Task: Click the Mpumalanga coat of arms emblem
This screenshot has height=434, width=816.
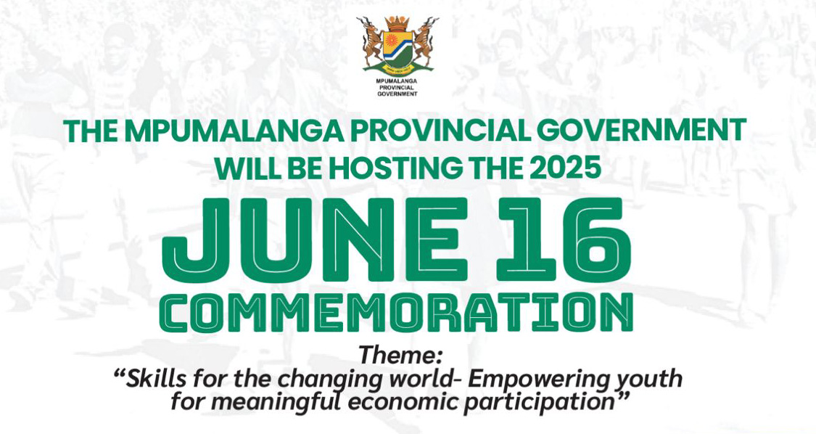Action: click(x=397, y=45)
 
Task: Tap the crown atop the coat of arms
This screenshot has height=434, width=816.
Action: click(x=397, y=23)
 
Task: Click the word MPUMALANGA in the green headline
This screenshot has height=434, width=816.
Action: click(x=234, y=132)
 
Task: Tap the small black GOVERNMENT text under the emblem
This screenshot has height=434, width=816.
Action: click(x=397, y=94)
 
